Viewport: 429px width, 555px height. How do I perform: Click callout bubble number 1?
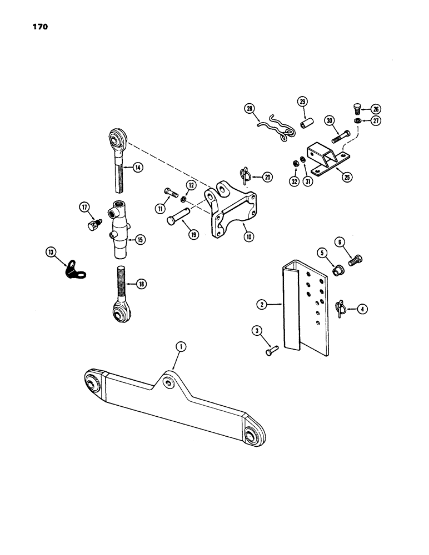[180, 346]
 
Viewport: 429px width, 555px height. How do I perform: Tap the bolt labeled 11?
[170, 194]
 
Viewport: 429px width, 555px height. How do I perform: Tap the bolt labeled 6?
[356, 260]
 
